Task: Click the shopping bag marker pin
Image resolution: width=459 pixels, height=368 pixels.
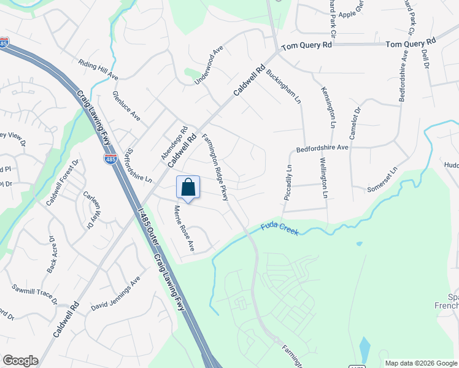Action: coord(188,188)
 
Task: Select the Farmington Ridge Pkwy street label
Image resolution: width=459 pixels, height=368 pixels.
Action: coord(215,167)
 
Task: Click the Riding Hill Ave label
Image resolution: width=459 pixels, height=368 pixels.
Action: coord(98,70)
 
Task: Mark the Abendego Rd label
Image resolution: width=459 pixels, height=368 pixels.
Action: coord(174,144)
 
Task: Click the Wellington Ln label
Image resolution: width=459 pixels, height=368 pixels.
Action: coord(323,178)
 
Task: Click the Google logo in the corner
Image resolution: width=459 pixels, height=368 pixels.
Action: coord(20,361)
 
